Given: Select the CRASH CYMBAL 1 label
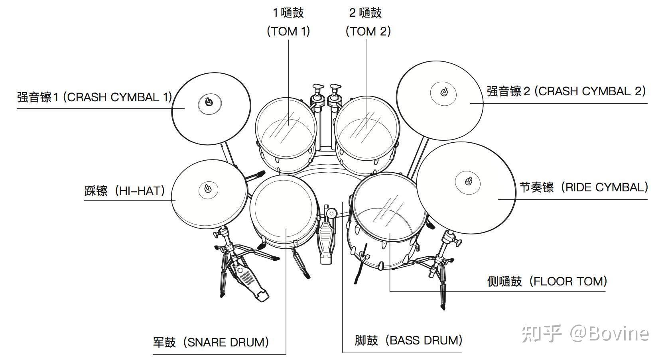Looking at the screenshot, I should click(94, 97).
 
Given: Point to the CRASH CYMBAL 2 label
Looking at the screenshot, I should click(566, 91).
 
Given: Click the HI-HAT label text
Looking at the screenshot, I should click(125, 191).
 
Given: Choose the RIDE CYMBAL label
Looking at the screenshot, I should click(583, 187).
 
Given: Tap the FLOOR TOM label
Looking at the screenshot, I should click(547, 281).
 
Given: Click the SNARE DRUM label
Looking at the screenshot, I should click(211, 342).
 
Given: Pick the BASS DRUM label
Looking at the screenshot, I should click(408, 340).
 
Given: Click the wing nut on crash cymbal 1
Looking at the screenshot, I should click(209, 102).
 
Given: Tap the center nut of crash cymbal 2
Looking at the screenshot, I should click(443, 92).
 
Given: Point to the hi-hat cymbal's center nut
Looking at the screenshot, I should click(207, 188).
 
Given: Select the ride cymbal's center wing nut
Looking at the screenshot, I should click(468, 181).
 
